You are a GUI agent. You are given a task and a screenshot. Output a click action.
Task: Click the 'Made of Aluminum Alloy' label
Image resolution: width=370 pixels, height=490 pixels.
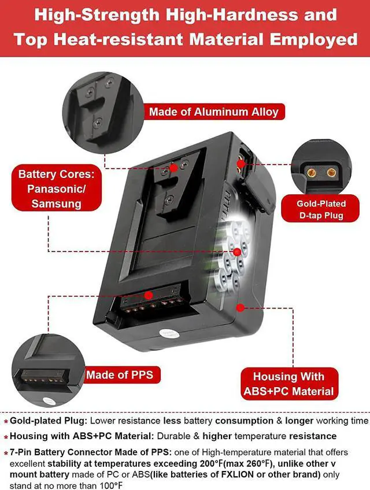point(213,112)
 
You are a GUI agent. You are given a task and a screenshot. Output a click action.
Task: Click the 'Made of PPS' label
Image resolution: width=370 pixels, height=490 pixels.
point(120,375)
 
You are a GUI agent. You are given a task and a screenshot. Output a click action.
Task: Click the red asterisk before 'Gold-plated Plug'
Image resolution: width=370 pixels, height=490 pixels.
point(6,422)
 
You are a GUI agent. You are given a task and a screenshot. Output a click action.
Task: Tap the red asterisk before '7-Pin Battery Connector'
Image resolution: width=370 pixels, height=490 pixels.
point(6,453)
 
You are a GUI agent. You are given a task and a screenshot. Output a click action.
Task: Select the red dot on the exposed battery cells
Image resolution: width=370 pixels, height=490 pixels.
point(237,251)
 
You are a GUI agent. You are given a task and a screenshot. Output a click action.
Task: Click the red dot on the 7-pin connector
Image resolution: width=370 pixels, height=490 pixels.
point(149,295)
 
